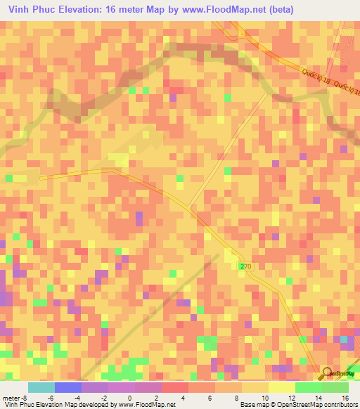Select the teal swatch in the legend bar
click(41, 387)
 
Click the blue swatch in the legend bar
click(67, 387)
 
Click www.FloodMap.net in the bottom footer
click(147, 405)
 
